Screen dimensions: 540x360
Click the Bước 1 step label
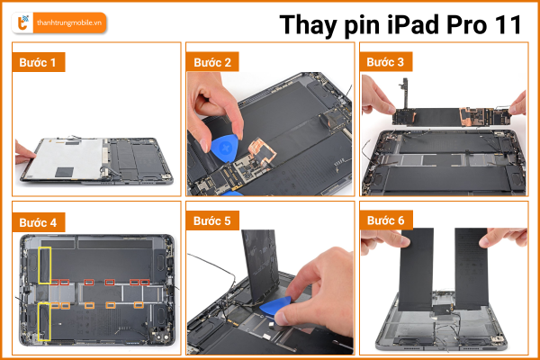point(38,62)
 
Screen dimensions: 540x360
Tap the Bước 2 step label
point(212,62)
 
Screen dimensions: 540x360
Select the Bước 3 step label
point(385,62)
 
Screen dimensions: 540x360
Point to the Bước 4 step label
point(38,222)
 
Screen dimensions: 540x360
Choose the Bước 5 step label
point(211,220)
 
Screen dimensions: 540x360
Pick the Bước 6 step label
point(386,220)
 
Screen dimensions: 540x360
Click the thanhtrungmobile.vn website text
point(69,23)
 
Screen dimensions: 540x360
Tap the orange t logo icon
point(22,22)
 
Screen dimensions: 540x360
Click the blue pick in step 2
point(225,148)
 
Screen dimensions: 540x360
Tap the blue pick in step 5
point(274,307)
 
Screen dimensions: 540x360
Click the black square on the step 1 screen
point(65,172)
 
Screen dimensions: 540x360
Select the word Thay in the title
point(308,26)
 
